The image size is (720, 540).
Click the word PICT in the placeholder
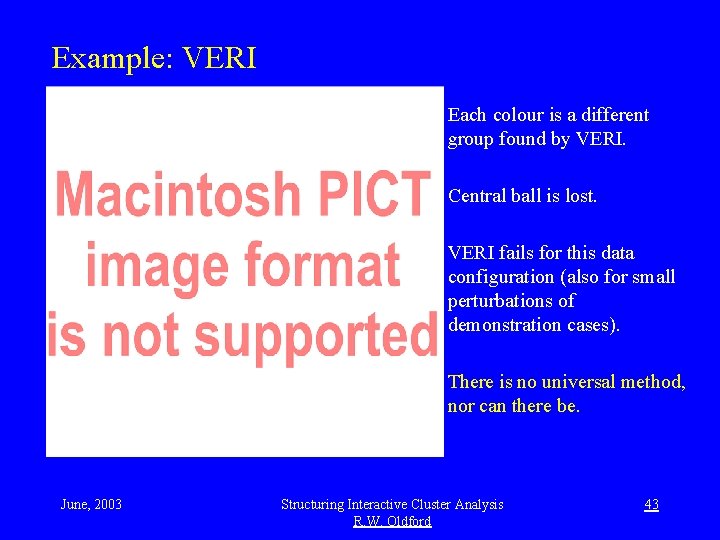366,195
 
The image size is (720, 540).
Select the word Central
476,196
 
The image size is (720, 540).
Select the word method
653,382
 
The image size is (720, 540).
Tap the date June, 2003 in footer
91,504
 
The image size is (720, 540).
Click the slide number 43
651,504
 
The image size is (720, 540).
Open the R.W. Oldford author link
392,521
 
